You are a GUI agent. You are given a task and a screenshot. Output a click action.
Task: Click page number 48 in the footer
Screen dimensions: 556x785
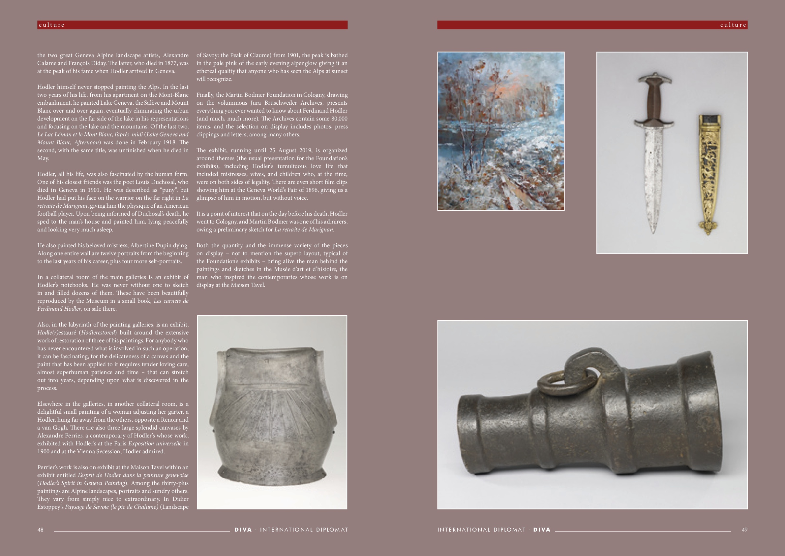(x=40, y=530)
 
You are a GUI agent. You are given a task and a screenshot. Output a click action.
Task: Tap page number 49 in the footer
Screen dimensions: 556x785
(x=744, y=530)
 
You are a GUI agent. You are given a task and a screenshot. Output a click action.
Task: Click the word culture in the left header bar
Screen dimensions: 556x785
(x=52, y=25)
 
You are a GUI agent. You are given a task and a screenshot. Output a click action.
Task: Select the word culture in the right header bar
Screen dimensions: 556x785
(x=733, y=25)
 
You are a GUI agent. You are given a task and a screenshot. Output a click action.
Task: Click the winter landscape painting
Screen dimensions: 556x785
(x=501, y=131)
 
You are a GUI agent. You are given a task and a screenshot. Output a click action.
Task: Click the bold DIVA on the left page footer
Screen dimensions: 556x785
(x=243, y=530)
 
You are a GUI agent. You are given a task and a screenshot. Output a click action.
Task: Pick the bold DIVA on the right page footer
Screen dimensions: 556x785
(x=542, y=530)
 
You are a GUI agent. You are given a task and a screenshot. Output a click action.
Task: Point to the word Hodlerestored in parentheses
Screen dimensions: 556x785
(x=99, y=332)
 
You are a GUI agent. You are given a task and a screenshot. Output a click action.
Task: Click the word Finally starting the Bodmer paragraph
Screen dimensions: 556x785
(x=205, y=95)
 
